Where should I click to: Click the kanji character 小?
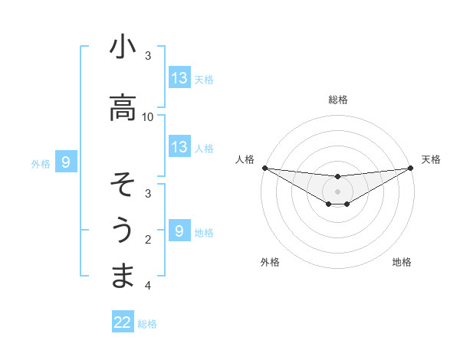pos(123,47)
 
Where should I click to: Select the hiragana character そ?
pos(123,185)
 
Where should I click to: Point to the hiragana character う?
pos(123,230)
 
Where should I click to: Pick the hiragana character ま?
pos(123,275)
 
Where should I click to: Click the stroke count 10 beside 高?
pos(148,116)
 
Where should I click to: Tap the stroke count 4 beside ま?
pos(148,286)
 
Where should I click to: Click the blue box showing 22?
pos(123,322)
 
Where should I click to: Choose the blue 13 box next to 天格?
pos(179,77)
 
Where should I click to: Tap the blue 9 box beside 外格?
pos(66,162)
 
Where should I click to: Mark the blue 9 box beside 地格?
pos(179,231)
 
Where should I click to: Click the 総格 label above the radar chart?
pos(338,100)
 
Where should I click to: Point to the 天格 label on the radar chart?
pos(432,159)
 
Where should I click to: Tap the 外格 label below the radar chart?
pos(270,262)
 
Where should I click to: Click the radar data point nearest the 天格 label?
pos(411,168)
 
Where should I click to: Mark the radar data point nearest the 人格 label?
pos(264,168)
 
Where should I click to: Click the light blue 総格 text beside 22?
pos(147,324)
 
